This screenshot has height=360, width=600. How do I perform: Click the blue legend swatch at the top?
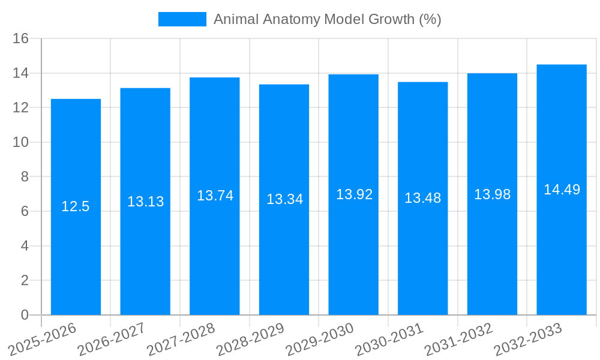click(182, 19)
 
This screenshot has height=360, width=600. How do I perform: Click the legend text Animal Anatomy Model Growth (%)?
click(327, 19)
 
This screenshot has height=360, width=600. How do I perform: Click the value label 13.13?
click(145, 202)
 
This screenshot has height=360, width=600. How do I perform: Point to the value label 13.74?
click(215, 196)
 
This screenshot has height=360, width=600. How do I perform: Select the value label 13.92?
click(354, 194)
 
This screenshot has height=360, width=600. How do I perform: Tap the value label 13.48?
click(422, 198)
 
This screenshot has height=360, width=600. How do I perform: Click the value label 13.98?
click(492, 194)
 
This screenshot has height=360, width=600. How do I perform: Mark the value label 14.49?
click(562, 190)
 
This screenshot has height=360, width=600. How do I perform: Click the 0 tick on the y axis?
click(25, 315)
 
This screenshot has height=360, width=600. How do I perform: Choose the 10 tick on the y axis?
click(21, 142)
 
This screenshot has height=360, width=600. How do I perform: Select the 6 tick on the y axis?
click(25, 211)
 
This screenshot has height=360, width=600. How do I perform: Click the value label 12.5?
click(76, 207)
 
